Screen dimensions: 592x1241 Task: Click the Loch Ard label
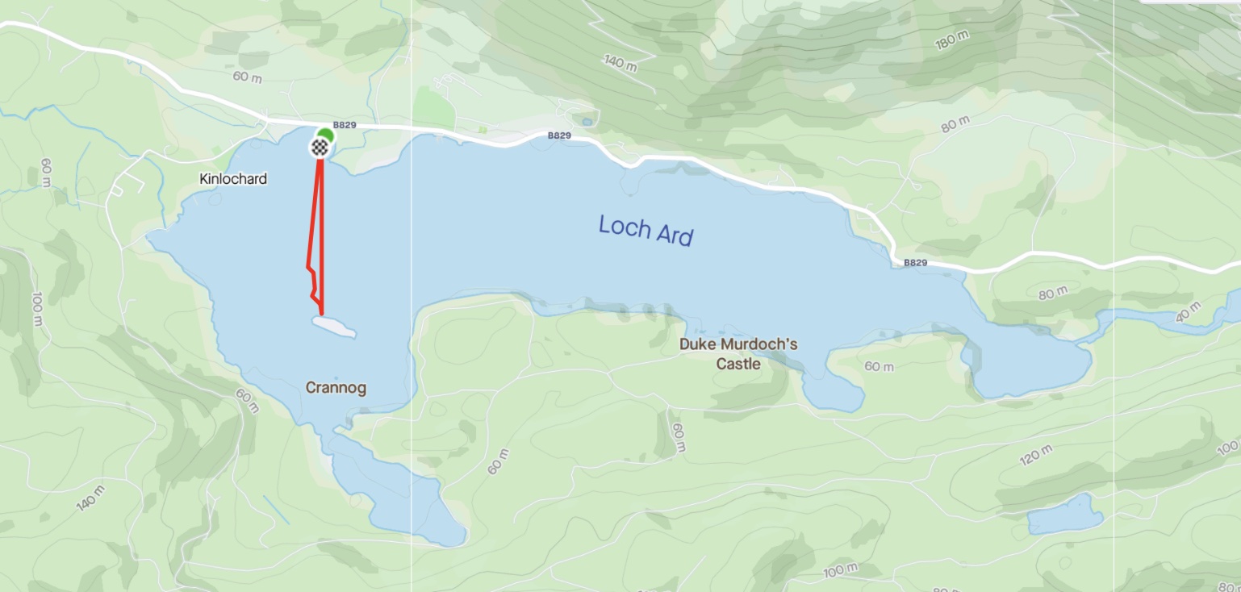646,230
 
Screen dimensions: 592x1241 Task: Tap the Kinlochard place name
233,179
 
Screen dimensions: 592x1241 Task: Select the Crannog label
336,388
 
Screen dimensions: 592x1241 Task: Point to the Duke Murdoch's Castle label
738,354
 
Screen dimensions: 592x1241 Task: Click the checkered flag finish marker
320,147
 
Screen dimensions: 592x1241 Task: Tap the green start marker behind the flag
326,134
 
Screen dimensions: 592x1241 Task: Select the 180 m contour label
952,40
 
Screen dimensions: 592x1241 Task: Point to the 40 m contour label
1189,312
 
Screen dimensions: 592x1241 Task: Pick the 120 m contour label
1036,456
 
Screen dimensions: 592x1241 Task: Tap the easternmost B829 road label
915,263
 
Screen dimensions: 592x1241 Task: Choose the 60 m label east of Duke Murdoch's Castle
879,367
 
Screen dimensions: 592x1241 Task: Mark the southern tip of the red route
322,313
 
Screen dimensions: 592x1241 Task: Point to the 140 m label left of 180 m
620,62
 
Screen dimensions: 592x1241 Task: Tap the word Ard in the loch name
673,235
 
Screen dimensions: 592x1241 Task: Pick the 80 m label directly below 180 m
955,126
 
